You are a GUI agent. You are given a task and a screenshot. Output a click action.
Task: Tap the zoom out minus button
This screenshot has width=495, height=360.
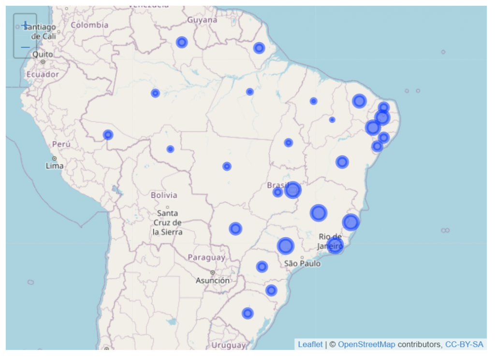point(25,47)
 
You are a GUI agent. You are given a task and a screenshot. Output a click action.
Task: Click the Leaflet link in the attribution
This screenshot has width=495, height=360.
point(310,345)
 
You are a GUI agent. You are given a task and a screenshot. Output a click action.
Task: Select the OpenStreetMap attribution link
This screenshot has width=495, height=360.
point(366,345)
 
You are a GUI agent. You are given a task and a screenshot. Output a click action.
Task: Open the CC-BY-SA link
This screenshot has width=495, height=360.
point(464,345)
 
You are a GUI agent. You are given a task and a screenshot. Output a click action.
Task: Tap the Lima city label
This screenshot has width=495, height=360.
point(54,165)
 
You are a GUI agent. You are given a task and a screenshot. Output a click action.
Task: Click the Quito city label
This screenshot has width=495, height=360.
point(43,55)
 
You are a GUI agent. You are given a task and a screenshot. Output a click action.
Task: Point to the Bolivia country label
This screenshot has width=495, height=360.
point(164,195)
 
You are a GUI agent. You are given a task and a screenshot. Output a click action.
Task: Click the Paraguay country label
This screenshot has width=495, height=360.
point(206,257)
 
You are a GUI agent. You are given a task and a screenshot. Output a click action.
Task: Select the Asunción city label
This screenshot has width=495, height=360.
point(213,280)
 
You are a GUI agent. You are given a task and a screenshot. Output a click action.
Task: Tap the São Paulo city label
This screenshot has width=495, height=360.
point(302,264)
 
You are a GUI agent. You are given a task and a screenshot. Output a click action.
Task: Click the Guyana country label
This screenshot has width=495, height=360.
point(202,20)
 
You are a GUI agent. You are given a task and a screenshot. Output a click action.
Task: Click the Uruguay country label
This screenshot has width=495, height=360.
point(228,345)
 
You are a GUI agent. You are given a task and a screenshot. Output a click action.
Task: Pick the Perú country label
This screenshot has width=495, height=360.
point(61,144)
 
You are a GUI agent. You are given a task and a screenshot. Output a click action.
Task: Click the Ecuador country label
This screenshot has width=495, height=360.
point(43,75)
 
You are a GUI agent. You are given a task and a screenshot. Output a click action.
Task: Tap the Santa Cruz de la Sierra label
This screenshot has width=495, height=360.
point(167,222)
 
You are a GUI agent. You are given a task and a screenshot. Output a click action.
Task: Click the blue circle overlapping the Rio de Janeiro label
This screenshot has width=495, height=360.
point(335,245)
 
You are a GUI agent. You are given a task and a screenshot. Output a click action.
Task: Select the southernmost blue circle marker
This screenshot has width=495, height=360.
point(247,313)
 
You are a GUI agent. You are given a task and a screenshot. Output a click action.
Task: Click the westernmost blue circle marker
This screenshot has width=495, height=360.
point(108,135)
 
